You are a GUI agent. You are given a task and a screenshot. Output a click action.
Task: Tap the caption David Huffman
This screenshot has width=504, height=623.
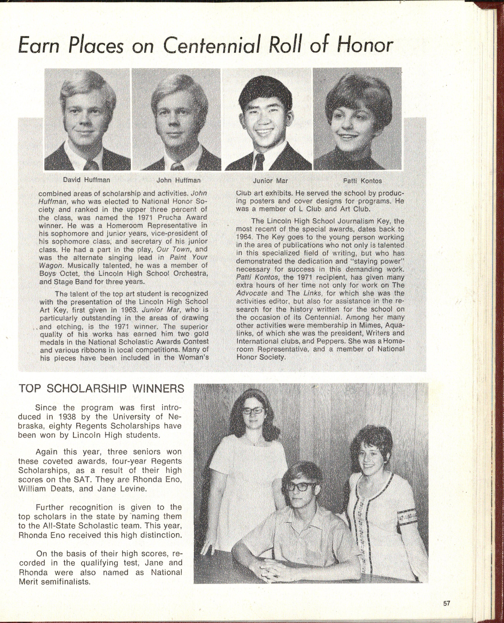[x=86, y=180]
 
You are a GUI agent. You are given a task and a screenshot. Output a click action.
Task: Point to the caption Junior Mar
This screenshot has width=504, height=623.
[x=270, y=181]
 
